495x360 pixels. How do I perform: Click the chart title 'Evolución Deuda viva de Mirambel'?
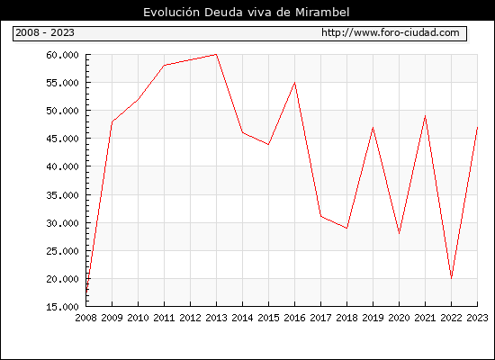(x=247, y=12)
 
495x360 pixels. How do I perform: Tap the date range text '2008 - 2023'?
(x=45, y=32)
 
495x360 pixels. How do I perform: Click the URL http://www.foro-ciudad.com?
(x=391, y=32)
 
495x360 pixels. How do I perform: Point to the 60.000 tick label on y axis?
(x=62, y=55)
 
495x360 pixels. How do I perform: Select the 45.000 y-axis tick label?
(x=62, y=139)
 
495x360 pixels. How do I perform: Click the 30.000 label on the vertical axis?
(x=62, y=223)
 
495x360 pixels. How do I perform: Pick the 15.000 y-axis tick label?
(x=62, y=307)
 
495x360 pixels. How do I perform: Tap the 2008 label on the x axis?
(x=85, y=318)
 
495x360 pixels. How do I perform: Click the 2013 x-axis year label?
(x=216, y=318)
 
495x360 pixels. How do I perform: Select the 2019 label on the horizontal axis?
(x=373, y=318)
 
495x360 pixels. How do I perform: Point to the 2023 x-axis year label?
(x=477, y=318)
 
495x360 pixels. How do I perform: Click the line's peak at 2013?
(x=216, y=54)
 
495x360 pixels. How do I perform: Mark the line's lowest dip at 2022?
(x=451, y=278)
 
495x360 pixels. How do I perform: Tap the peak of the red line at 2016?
(x=294, y=83)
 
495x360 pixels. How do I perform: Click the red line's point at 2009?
(x=112, y=121)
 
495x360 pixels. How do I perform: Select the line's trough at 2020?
(x=399, y=234)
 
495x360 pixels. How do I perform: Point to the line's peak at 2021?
(x=425, y=116)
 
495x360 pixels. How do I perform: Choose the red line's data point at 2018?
(x=346, y=228)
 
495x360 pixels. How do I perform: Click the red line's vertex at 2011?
(x=164, y=66)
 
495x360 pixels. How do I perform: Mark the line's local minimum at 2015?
(x=268, y=144)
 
